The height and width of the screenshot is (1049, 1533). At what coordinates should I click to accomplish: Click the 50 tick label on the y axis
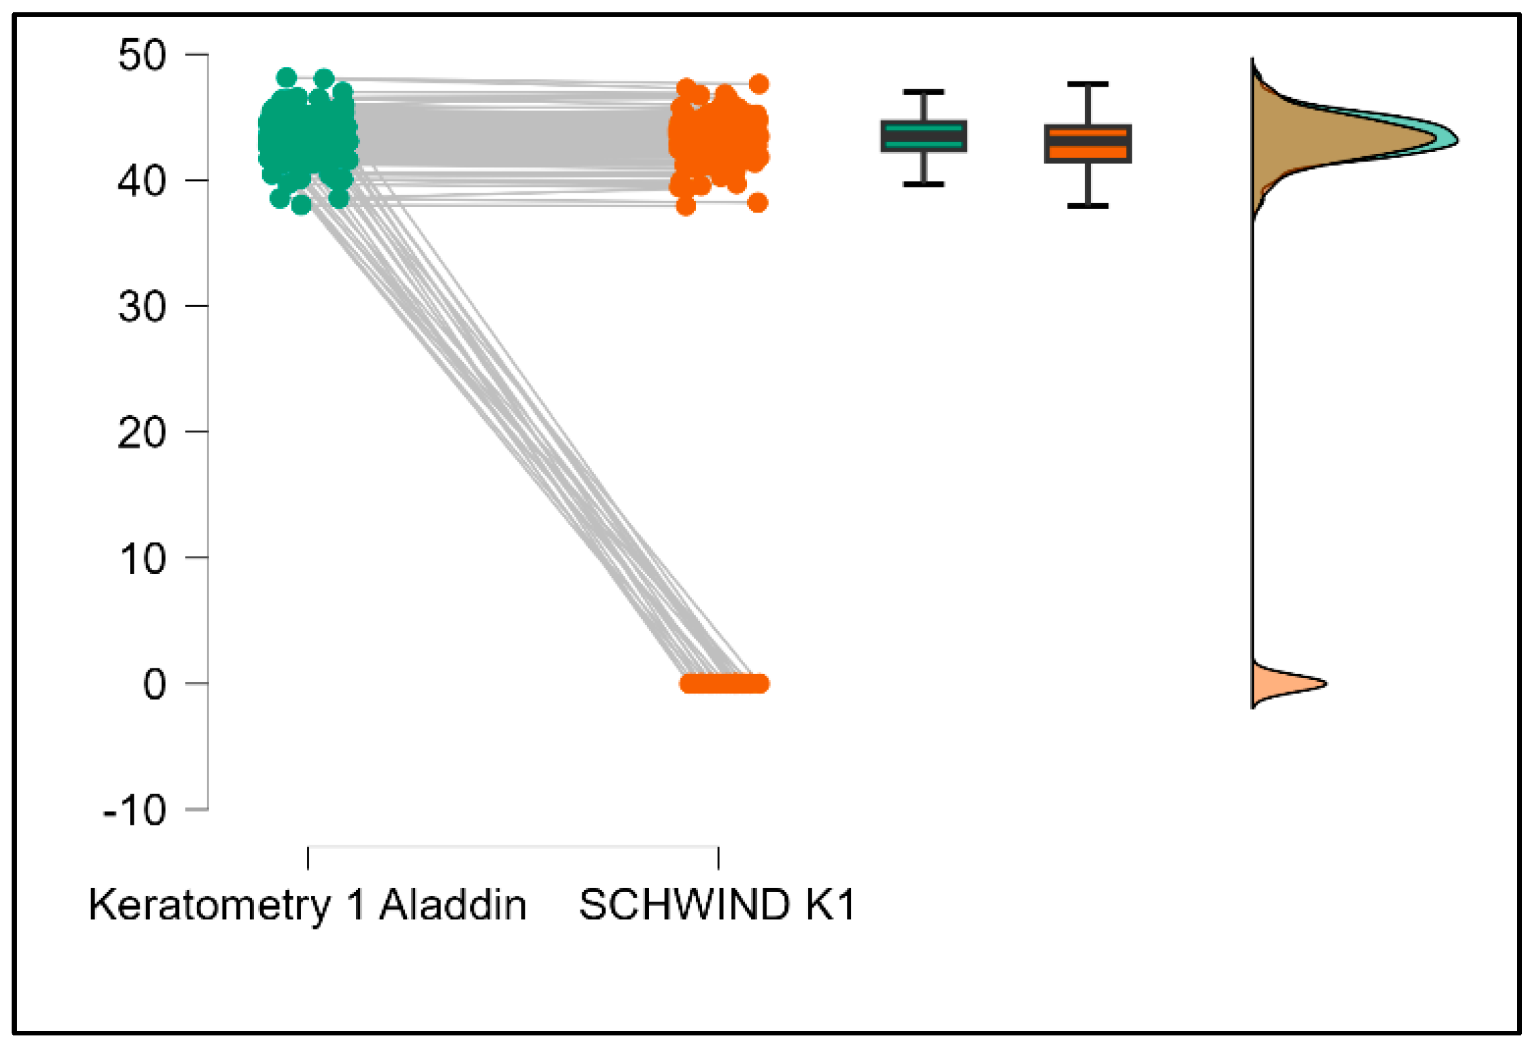pos(142,56)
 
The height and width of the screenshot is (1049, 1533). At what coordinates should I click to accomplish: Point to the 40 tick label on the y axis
pos(142,181)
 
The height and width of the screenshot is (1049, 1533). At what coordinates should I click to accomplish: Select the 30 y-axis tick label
pos(142,307)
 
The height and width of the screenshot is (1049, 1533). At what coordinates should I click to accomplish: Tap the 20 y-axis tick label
pos(142,433)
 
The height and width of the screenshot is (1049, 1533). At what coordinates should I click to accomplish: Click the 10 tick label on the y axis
pos(142,559)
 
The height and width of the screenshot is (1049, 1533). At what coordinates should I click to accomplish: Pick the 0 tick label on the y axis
pos(154,684)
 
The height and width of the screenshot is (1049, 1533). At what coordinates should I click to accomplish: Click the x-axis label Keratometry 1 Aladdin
pos(308,904)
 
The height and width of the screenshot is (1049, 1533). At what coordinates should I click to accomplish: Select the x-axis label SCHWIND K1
pos(717,904)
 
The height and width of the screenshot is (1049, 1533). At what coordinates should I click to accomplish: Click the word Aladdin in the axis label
pos(452,904)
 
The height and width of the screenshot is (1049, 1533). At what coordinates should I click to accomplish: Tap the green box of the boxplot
pos(924,136)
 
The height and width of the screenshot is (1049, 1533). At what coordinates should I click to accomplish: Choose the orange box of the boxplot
pos(1088,143)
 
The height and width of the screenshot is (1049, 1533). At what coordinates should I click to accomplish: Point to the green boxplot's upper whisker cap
pos(924,92)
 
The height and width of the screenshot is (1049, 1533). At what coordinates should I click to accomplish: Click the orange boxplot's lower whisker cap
pos(1088,206)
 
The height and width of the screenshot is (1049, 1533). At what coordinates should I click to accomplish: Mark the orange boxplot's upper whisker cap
pos(1088,85)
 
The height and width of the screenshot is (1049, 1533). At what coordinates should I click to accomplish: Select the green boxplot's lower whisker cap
pos(924,184)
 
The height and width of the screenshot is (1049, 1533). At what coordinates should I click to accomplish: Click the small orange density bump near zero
pos(1280,684)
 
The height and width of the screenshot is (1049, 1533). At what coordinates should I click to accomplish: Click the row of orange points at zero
pos(724,684)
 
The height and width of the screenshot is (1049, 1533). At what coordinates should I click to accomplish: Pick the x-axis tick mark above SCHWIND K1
pos(718,858)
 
